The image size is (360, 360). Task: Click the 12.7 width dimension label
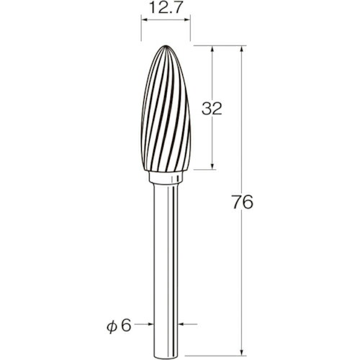click(x=166, y=8)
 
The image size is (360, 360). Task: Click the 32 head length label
click(x=212, y=109)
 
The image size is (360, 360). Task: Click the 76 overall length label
click(x=243, y=202)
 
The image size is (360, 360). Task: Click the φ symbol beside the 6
click(x=112, y=326)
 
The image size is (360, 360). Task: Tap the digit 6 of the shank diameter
click(x=126, y=325)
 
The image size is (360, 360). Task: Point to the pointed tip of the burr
click(x=166, y=45)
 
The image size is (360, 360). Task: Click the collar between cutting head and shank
click(x=166, y=177)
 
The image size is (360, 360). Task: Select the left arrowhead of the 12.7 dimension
click(x=145, y=20)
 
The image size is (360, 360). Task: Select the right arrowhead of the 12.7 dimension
click(x=187, y=20)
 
